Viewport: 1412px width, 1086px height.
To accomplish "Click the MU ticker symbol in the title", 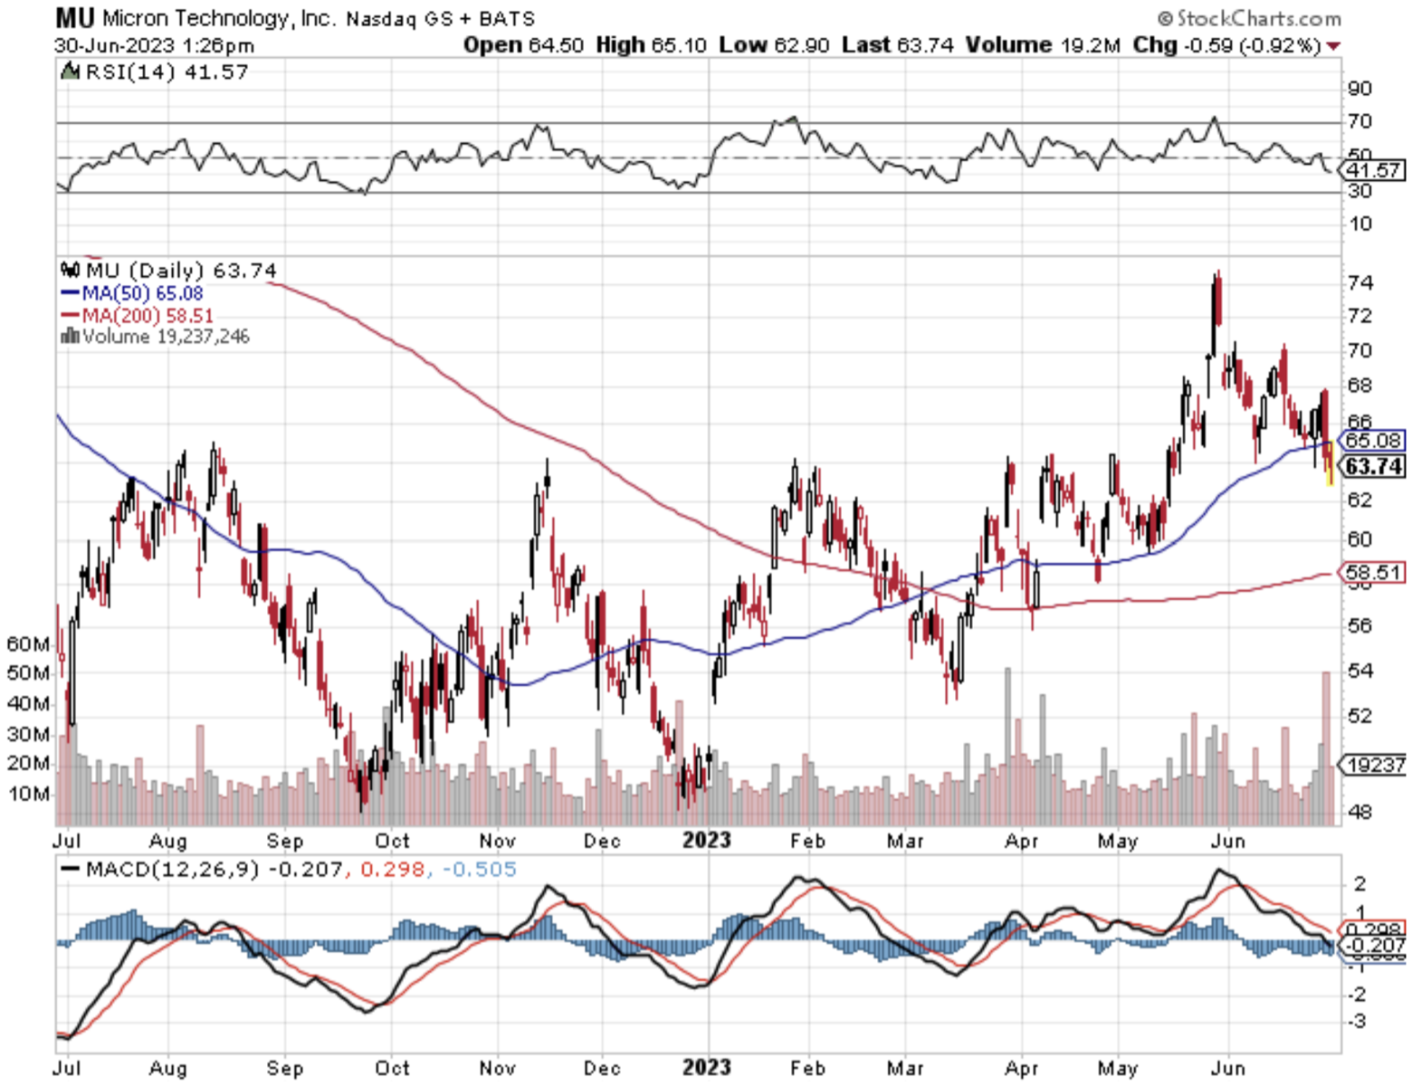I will coord(74,17).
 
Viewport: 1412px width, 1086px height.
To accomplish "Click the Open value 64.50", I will coord(556,45).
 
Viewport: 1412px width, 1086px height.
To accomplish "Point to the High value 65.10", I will coord(679,45).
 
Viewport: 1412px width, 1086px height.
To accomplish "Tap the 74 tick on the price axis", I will coord(1360,283).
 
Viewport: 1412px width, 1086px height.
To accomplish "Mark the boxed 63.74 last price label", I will coord(1373,466).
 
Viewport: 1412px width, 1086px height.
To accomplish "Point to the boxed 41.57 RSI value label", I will coord(1374,170).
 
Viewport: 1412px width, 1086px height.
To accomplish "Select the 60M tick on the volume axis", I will coord(28,644).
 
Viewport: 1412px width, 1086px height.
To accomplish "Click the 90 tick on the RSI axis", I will coord(1360,89).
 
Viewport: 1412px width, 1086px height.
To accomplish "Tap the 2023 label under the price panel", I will coord(706,840).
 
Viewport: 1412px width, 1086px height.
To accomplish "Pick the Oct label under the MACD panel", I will coord(392,1068).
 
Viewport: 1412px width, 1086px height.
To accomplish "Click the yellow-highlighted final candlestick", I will coord(1329,462).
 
